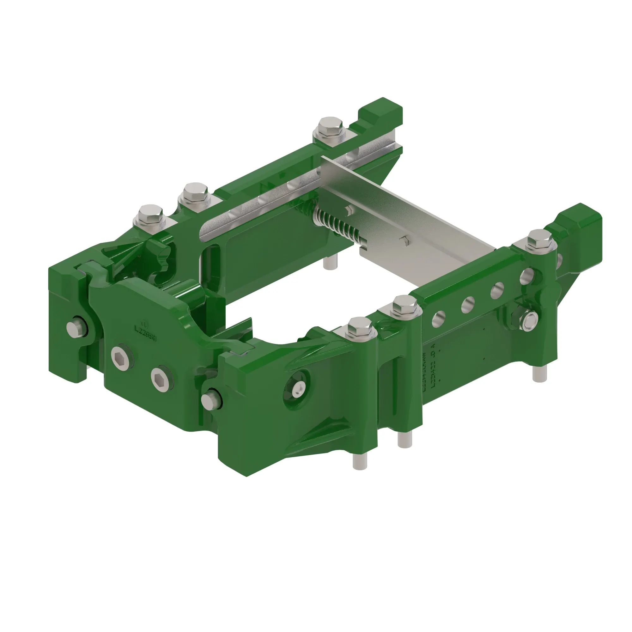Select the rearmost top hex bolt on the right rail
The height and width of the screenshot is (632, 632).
539,240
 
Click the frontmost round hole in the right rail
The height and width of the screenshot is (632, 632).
438,318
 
